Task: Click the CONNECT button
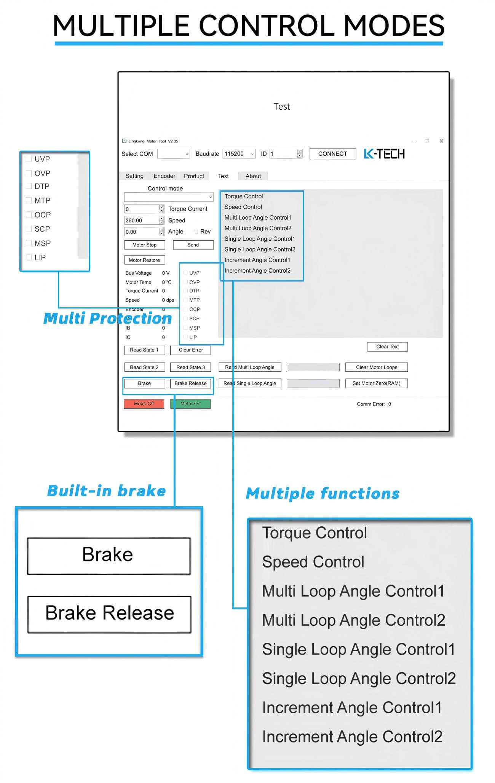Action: (332, 154)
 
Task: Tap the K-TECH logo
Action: (384, 154)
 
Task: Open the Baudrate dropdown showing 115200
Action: (239, 154)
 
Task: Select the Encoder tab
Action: (164, 176)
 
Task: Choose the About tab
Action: (253, 176)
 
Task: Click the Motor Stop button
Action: (145, 245)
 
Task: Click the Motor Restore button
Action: (145, 260)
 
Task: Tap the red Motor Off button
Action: (144, 404)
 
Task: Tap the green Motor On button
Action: (190, 404)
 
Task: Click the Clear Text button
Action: (387, 347)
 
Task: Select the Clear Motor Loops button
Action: (377, 367)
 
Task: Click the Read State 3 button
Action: (190, 367)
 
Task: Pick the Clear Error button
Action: (190, 350)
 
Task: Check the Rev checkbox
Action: (196, 232)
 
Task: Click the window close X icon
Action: (441, 141)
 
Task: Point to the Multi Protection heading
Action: (107, 318)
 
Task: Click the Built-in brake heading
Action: (107, 491)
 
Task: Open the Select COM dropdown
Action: (174, 154)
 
